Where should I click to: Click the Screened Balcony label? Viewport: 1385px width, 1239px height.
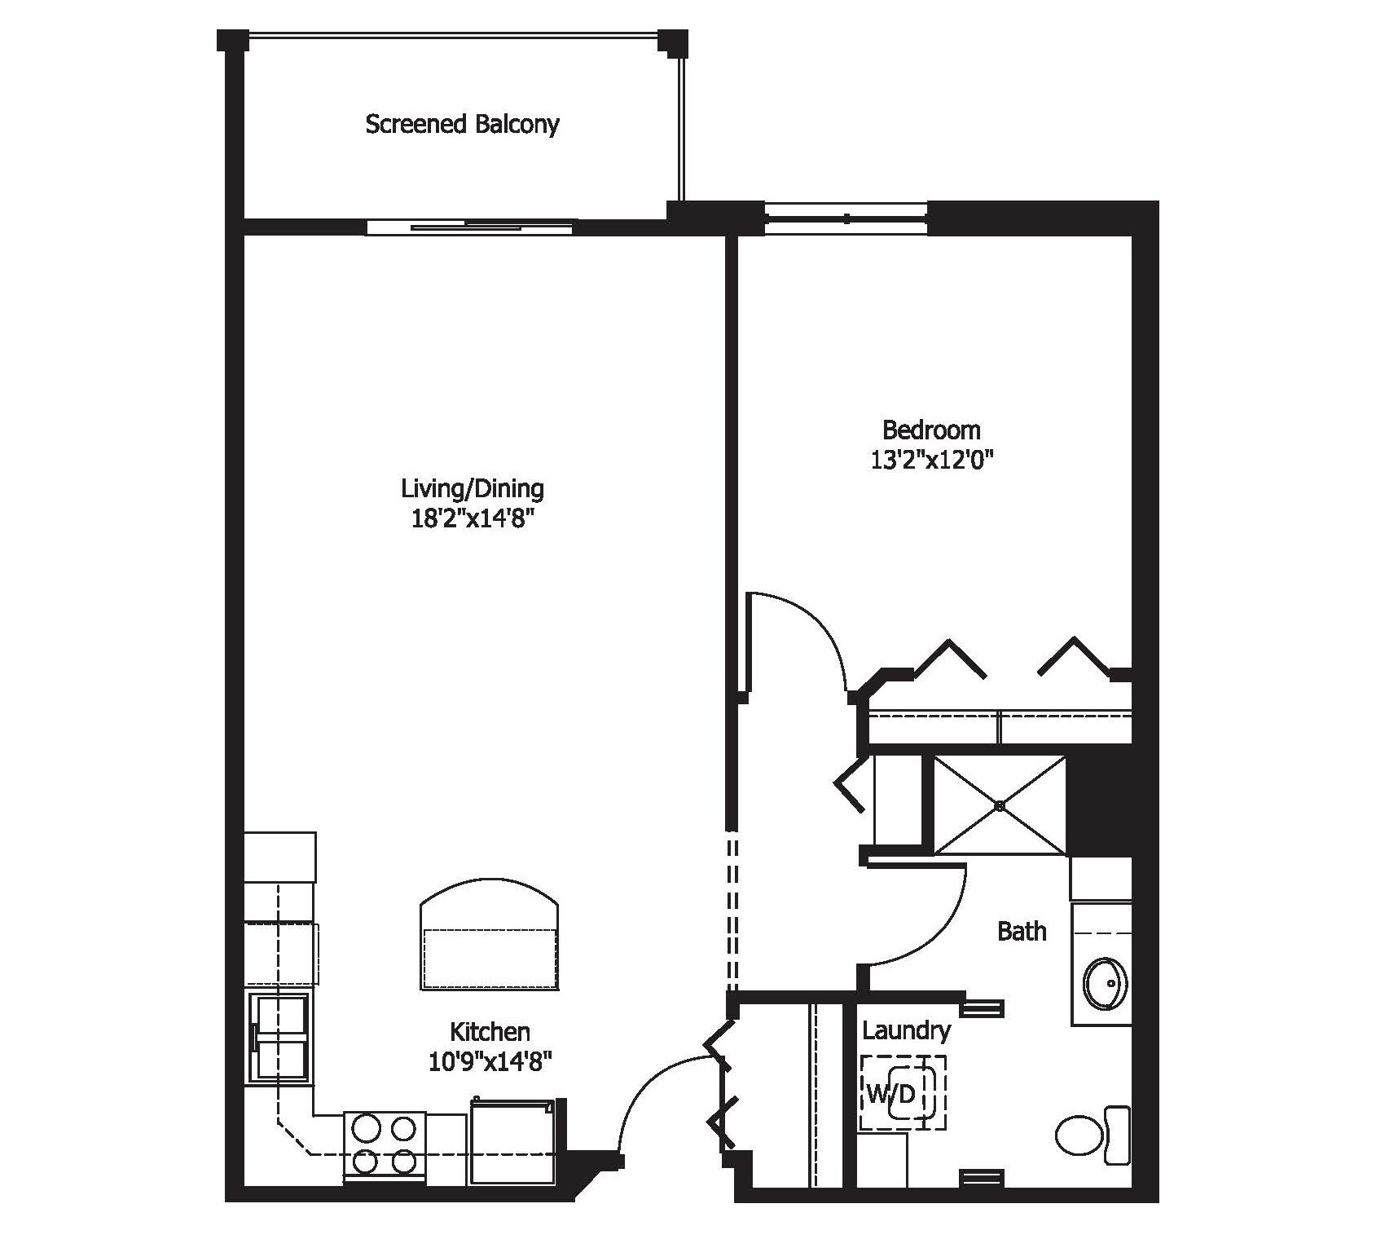pyautogui.click(x=462, y=125)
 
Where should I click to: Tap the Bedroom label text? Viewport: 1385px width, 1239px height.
pyautogui.click(x=931, y=430)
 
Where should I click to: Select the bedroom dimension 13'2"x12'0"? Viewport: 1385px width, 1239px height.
pyautogui.click(x=932, y=461)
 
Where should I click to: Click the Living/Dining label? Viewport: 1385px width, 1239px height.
pyautogui.click(x=473, y=488)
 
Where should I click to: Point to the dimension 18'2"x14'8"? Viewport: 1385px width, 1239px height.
pyautogui.click(x=473, y=519)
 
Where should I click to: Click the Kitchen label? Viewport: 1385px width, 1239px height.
pyautogui.click(x=490, y=1032)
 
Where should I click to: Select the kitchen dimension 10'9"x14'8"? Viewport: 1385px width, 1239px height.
pyautogui.click(x=490, y=1062)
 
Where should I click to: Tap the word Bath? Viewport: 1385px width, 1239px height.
pyautogui.click(x=1022, y=931)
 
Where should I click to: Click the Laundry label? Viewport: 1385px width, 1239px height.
pyautogui.click(x=906, y=1031)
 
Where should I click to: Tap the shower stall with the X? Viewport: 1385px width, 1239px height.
pyautogui.click(x=1000, y=805)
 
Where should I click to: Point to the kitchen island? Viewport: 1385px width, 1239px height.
pyautogui.click(x=490, y=946)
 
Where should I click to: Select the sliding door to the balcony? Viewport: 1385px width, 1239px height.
pyautogui.click(x=470, y=227)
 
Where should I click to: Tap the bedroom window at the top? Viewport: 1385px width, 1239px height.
pyautogui.click(x=846, y=218)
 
